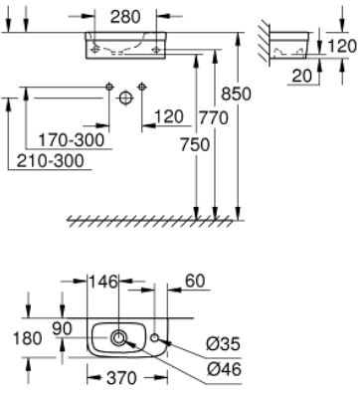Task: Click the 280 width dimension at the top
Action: [125, 17]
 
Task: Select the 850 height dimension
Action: [236, 94]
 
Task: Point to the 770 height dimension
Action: [214, 117]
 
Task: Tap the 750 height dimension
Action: [195, 145]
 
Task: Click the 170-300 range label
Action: [72, 140]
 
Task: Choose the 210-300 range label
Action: [51, 161]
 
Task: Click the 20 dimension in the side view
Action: [302, 77]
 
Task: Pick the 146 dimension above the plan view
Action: [102, 282]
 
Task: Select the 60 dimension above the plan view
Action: [195, 282]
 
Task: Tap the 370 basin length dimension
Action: [121, 378]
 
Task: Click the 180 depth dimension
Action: [27, 338]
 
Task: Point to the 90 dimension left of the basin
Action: [62, 328]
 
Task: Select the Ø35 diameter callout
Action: [223, 344]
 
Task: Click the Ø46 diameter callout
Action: [224, 369]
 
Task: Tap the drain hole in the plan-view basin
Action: [118, 338]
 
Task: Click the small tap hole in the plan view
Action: [154, 337]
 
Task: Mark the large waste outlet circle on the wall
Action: [125, 98]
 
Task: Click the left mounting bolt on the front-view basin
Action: [95, 50]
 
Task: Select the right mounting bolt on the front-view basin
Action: [156, 50]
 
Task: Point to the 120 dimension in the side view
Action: [342, 46]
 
